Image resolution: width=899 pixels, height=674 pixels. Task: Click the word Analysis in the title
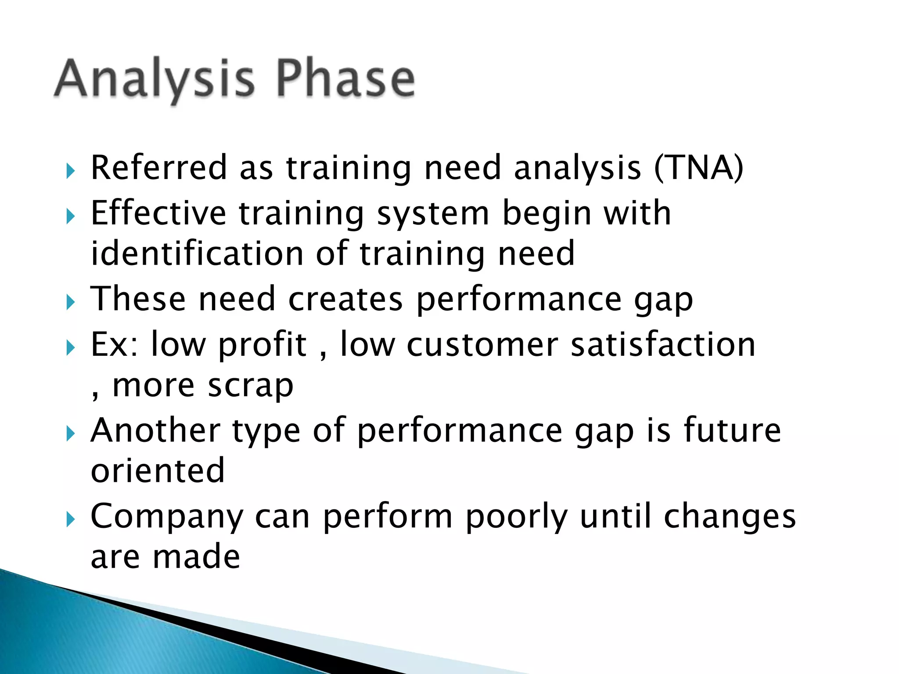(x=154, y=79)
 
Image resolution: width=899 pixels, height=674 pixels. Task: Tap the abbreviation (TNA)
(x=698, y=168)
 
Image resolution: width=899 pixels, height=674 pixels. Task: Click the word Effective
(x=158, y=213)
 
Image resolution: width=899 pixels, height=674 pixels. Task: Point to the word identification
(x=197, y=254)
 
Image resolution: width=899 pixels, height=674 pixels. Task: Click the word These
(x=138, y=299)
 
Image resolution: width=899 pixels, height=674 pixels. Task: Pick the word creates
(x=345, y=299)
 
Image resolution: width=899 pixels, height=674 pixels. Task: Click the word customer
(x=482, y=344)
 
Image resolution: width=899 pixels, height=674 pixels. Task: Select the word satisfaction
(x=663, y=344)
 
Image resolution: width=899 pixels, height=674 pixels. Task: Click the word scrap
(x=250, y=386)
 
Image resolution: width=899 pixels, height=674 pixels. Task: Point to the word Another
(x=155, y=430)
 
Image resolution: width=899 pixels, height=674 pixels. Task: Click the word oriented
(x=158, y=471)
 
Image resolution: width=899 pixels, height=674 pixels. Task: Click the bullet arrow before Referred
(x=71, y=170)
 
